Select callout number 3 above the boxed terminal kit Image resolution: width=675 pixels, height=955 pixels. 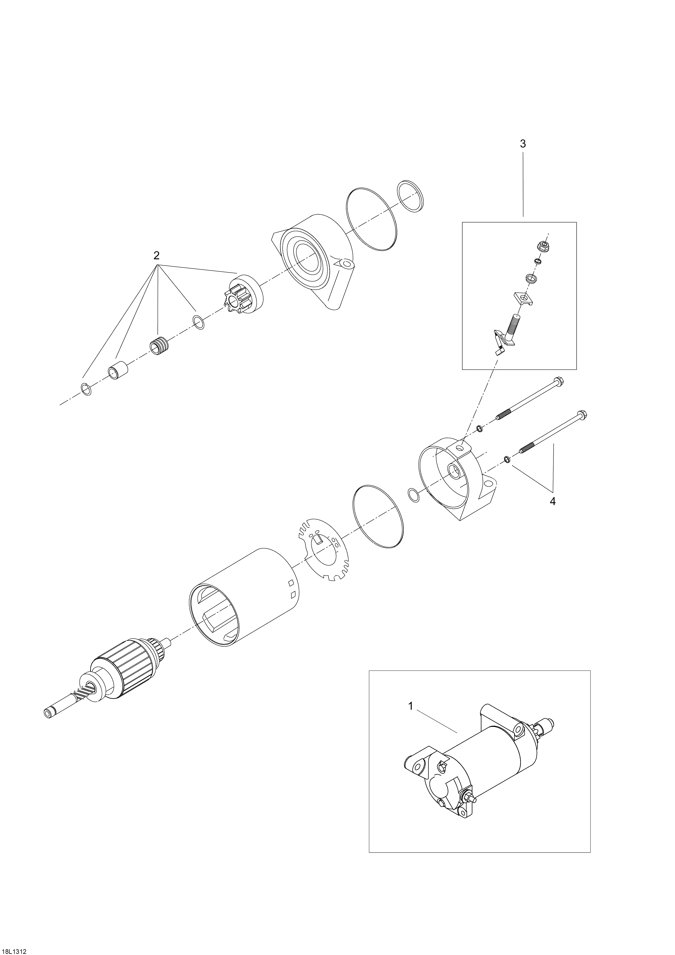coord(523,144)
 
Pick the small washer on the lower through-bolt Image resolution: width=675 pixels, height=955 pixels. coord(507,459)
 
